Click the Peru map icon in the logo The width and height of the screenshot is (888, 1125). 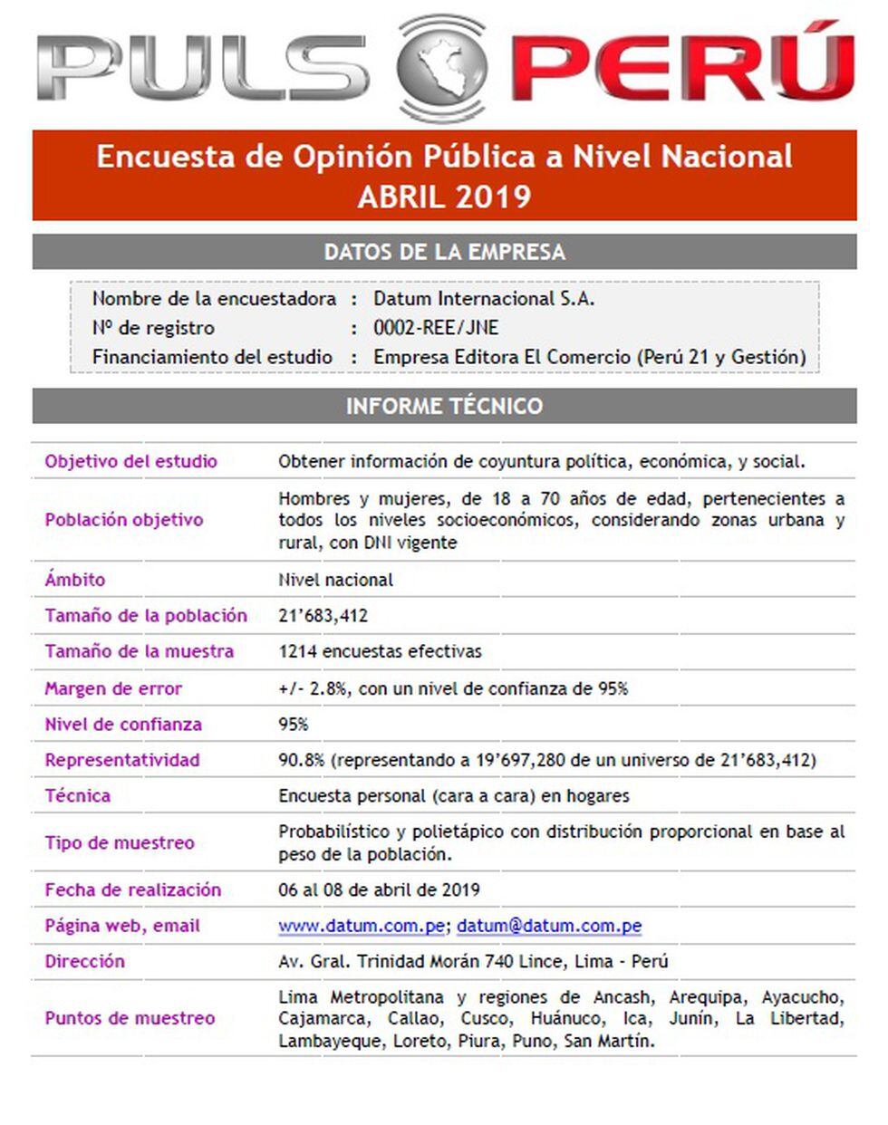pyautogui.click(x=442, y=66)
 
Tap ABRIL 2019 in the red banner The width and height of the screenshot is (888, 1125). pyautogui.click(x=444, y=197)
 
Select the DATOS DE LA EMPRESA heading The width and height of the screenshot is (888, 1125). pyautogui.click(x=444, y=252)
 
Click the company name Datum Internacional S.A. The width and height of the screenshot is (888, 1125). pyautogui.click(x=484, y=299)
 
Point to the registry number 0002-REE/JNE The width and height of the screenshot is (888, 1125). pyautogui.click(x=436, y=328)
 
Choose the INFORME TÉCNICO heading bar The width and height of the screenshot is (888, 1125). pyautogui.click(x=444, y=406)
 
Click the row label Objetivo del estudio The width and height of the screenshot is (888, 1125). pyautogui.click(x=131, y=461)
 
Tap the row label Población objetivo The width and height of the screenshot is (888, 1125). pyautogui.click(x=124, y=520)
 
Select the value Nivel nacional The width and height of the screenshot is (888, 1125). pyautogui.click(x=335, y=580)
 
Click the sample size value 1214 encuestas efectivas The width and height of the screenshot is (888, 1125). pyautogui.click(x=380, y=651)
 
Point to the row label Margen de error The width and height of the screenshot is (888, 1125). pyautogui.click(x=113, y=688)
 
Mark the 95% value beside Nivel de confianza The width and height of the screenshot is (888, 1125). pyautogui.click(x=294, y=725)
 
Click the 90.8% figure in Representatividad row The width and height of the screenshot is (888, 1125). pyautogui.click(x=301, y=760)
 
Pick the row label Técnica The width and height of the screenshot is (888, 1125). pyautogui.click(x=78, y=796)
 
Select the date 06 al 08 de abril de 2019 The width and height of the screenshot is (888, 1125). pyautogui.click(x=379, y=889)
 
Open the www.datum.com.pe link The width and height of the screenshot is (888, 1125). pyautogui.click(x=361, y=926)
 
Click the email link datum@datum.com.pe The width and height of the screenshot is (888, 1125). pyautogui.click(x=549, y=926)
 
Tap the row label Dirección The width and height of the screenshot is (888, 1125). pyautogui.click(x=85, y=961)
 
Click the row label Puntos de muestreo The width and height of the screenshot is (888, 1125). pyautogui.click(x=130, y=1018)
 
